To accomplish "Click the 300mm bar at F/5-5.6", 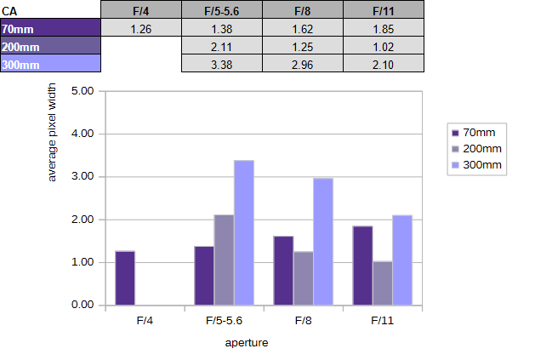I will tap(244, 232).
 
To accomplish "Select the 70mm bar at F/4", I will tap(125, 278).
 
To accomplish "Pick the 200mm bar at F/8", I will tap(304, 278).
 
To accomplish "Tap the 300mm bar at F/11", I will tap(402, 260).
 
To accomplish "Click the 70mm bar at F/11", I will tap(363, 266).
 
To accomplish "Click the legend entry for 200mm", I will tap(475, 148).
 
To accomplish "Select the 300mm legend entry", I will tap(475, 163).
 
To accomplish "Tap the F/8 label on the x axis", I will tap(304, 321).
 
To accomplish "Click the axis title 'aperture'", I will tap(247, 342).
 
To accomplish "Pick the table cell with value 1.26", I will tap(141, 29).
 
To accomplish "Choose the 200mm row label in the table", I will tap(50, 46).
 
